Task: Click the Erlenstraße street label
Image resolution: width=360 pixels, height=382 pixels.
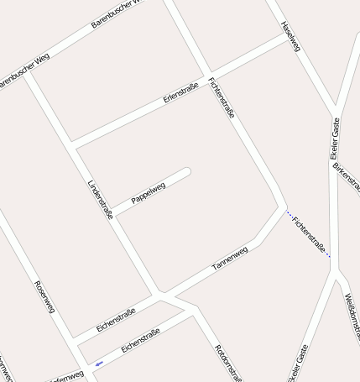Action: click(x=180, y=92)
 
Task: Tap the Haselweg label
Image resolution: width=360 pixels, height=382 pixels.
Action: click(x=290, y=37)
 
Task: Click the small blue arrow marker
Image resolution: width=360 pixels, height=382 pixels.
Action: click(x=99, y=364)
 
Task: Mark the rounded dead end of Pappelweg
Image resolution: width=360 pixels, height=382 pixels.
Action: click(x=186, y=172)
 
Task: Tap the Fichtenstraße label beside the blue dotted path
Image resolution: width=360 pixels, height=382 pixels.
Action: click(x=310, y=236)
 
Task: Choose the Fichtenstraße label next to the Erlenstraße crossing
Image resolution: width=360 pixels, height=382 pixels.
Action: click(x=222, y=97)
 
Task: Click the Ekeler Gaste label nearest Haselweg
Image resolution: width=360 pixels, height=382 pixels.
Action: click(x=336, y=139)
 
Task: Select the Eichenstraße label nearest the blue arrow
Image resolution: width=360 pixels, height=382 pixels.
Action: click(x=140, y=341)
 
